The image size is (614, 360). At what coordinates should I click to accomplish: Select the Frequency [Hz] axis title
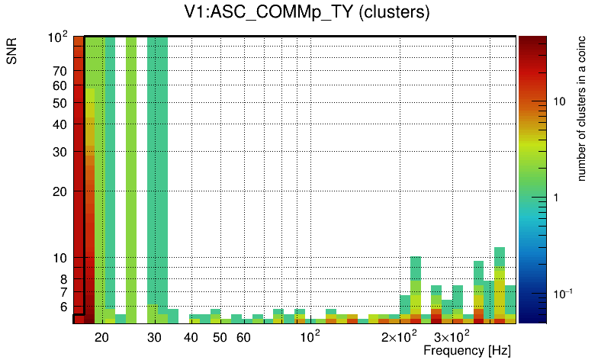pyautogui.click(x=467, y=351)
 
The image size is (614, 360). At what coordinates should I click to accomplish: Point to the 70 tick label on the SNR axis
pyautogui.click(x=59, y=72)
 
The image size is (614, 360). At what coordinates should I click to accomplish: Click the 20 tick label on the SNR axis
pyautogui.click(x=59, y=191)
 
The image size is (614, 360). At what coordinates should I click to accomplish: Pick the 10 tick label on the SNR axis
pyautogui.click(x=59, y=259)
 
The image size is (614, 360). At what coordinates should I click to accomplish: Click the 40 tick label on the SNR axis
pyautogui.click(x=59, y=125)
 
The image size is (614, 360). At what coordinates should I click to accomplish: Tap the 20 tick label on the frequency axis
pyautogui.click(x=101, y=337)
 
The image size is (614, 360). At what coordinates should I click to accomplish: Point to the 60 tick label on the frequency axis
pyautogui.click(x=243, y=337)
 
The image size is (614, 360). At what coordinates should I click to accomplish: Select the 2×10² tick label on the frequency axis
pyautogui.click(x=400, y=336)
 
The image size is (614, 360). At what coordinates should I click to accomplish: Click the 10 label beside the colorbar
pyautogui.click(x=558, y=101)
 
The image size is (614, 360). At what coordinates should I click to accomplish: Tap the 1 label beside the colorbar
pyautogui.click(x=555, y=198)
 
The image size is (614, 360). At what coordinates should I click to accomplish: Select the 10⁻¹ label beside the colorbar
pyautogui.click(x=562, y=294)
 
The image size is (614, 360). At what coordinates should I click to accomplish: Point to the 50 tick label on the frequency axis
pyautogui.click(x=220, y=337)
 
